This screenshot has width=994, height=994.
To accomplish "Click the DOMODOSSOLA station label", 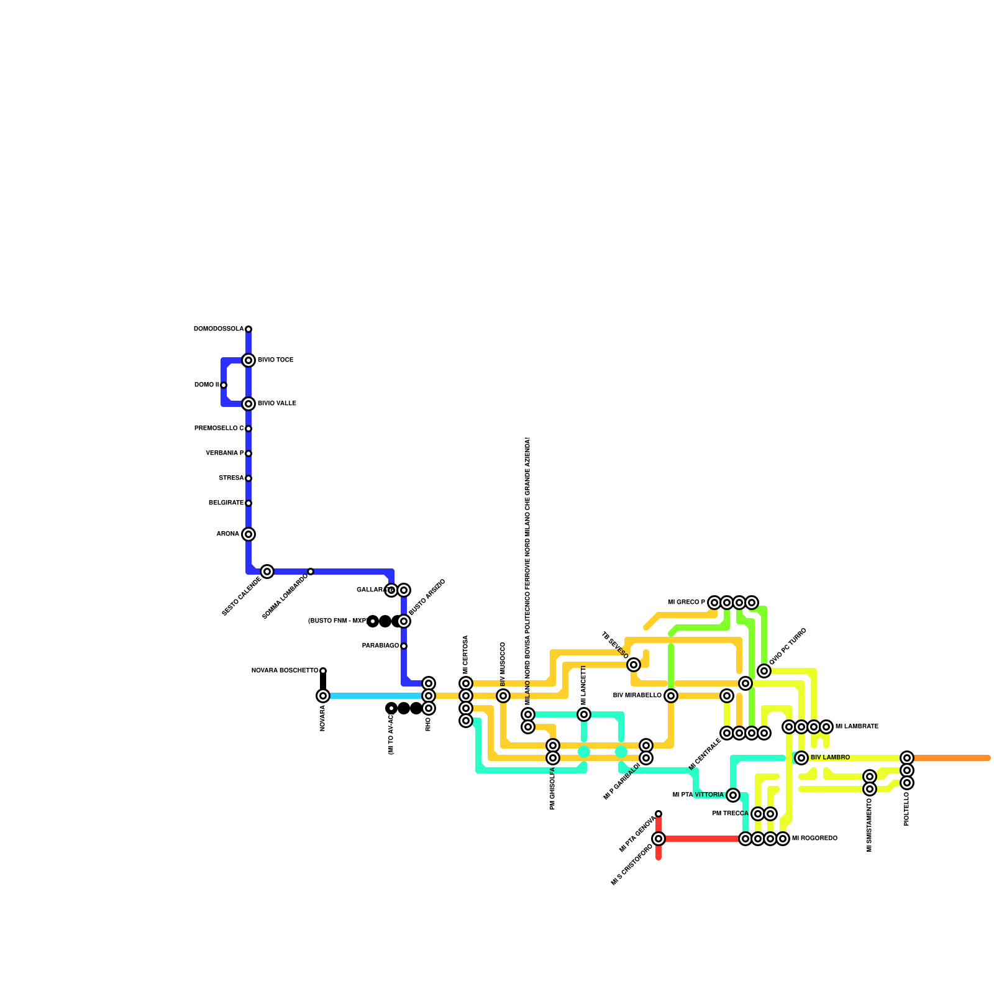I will point(219,329).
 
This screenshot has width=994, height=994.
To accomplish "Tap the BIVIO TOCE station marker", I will point(248,360).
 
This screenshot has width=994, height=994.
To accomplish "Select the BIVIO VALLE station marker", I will point(248,404).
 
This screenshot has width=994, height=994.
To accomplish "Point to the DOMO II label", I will point(206,385).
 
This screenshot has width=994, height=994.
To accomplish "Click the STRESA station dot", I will point(248,478).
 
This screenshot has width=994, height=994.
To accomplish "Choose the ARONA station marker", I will point(248,534).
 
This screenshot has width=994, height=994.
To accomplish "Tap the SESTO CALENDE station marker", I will point(267,572).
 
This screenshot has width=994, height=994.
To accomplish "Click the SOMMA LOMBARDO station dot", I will point(311,572).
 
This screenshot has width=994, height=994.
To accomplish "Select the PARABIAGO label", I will point(380,646).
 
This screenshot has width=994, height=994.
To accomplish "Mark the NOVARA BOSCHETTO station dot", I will point(323,671).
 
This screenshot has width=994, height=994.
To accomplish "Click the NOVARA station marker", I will point(323,696).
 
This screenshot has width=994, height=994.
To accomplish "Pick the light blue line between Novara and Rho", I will point(373,696).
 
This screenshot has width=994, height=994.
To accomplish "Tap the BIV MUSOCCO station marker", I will point(503,696).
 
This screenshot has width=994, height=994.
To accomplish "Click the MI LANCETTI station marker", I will point(584,714).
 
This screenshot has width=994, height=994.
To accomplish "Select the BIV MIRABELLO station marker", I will point(671,696).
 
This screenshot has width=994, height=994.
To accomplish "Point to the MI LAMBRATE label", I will point(857,727).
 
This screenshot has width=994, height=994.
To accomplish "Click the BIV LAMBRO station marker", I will point(801,758).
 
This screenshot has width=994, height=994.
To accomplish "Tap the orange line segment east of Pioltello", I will point(951,758).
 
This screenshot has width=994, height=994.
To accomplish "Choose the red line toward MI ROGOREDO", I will point(702,839).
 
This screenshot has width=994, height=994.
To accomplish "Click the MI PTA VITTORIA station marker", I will point(733,795).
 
